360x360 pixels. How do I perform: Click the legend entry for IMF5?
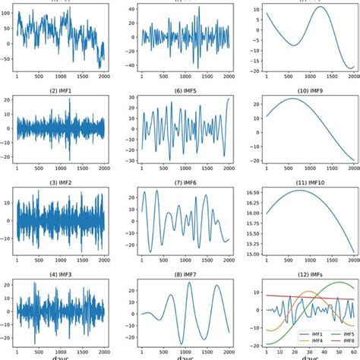(x=333, y=332)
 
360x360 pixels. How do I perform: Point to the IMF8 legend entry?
(x=333, y=340)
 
